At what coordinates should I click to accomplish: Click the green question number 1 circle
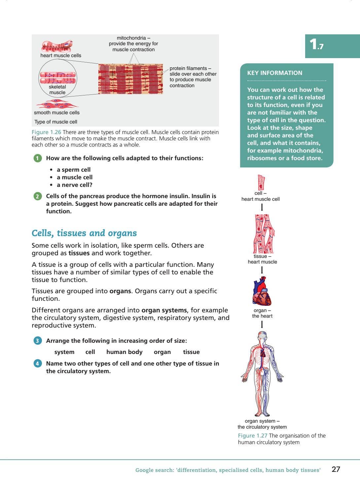coord(38,158)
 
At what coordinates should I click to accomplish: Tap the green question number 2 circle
coord(38,196)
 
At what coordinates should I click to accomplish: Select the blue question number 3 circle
coord(38,341)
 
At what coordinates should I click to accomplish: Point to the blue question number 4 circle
coord(38,364)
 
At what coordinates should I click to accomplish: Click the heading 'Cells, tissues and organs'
coord(84,233)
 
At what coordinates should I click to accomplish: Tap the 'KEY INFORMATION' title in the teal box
coord(274,73)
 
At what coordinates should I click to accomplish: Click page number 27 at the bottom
coord(336,469)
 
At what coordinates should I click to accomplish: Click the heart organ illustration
coord(262,292)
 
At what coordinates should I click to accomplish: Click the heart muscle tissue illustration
coord(264,234)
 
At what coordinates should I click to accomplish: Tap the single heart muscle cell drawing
coord(261,182)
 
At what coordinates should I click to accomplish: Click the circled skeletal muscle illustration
coord(58,79)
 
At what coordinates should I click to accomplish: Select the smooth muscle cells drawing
coord(57,105)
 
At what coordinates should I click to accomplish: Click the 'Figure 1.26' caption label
coord(46,132)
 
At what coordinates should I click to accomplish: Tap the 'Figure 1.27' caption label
coord(252,436)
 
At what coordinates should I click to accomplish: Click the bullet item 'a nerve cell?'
coord(74,185)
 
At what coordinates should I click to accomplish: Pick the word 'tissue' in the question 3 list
coord(191,352)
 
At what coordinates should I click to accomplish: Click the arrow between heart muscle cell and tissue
coord(262,207)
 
